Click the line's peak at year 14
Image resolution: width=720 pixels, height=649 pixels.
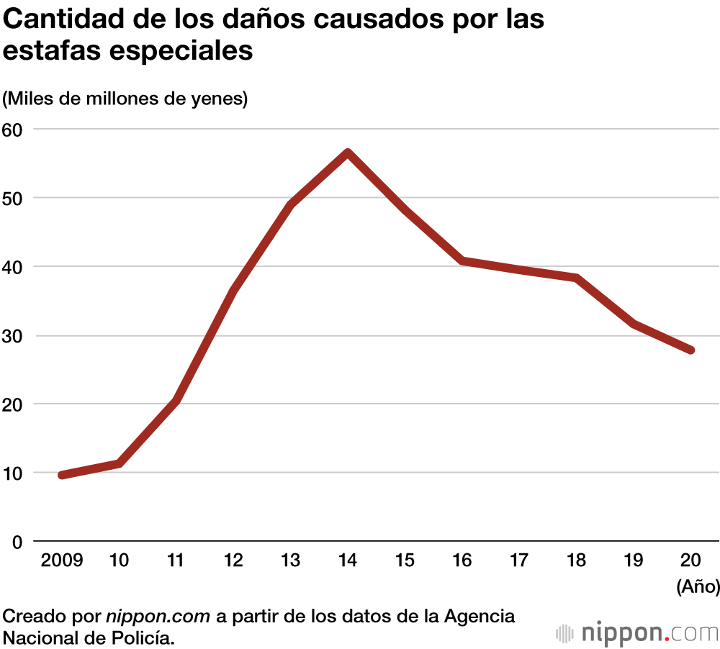point(347,153)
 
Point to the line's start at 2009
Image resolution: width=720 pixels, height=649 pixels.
point(62,475)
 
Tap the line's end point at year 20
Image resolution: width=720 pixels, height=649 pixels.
point(691,350)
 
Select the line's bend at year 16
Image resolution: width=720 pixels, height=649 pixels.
point(462,260)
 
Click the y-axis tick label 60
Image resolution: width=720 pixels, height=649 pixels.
point(12,130)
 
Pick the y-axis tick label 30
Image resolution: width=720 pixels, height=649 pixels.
point(12,336)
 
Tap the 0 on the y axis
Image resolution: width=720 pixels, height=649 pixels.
point(17,542)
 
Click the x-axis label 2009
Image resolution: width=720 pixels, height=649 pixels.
point(62,560)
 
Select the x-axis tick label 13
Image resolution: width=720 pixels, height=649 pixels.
point(290,560)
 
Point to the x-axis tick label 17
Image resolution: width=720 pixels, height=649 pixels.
point(519,560)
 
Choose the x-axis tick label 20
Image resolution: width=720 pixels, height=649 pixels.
point(691,560)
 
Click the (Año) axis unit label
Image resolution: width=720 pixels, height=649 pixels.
point(698,586)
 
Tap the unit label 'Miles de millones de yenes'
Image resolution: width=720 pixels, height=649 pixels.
point(125,99)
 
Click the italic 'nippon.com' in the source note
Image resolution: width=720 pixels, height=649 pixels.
point(158,617)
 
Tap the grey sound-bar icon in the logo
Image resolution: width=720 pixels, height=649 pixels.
point(564,634)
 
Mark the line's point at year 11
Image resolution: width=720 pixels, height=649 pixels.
point(176,400)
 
